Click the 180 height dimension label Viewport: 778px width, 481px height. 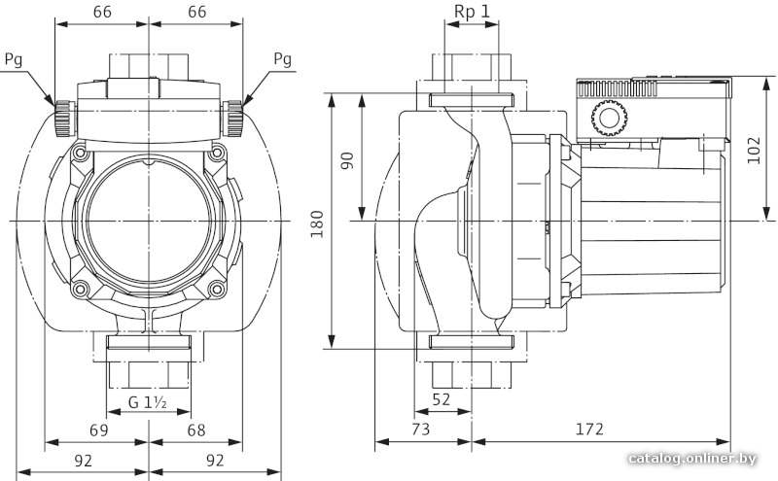coord(317,223)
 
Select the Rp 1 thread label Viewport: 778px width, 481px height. coord(472,12)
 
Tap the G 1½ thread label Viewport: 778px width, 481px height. coord(148,401)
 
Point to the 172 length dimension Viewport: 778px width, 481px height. coord(589,429)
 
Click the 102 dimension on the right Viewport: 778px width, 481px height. coord(753,150)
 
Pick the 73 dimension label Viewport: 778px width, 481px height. coord(420,429)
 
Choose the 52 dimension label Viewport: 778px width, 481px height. coord(441,398)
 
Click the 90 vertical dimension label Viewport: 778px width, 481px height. coord(348,160)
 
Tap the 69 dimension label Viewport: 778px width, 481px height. coord(98,429)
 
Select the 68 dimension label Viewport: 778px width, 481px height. coord(196,429)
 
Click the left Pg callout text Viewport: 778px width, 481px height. coord(14,60)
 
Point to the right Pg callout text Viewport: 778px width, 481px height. coord(282,59)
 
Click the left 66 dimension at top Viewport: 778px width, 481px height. coord(102,12)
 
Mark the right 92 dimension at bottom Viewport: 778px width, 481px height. coord(215,461)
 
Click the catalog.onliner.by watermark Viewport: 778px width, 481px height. coord(692,459)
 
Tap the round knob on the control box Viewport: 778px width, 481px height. coord(610,118)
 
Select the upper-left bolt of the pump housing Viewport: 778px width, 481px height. coord(80,153)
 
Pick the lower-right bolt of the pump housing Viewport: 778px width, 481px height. coord(216,288)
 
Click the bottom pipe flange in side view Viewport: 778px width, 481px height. coord(472,341)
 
